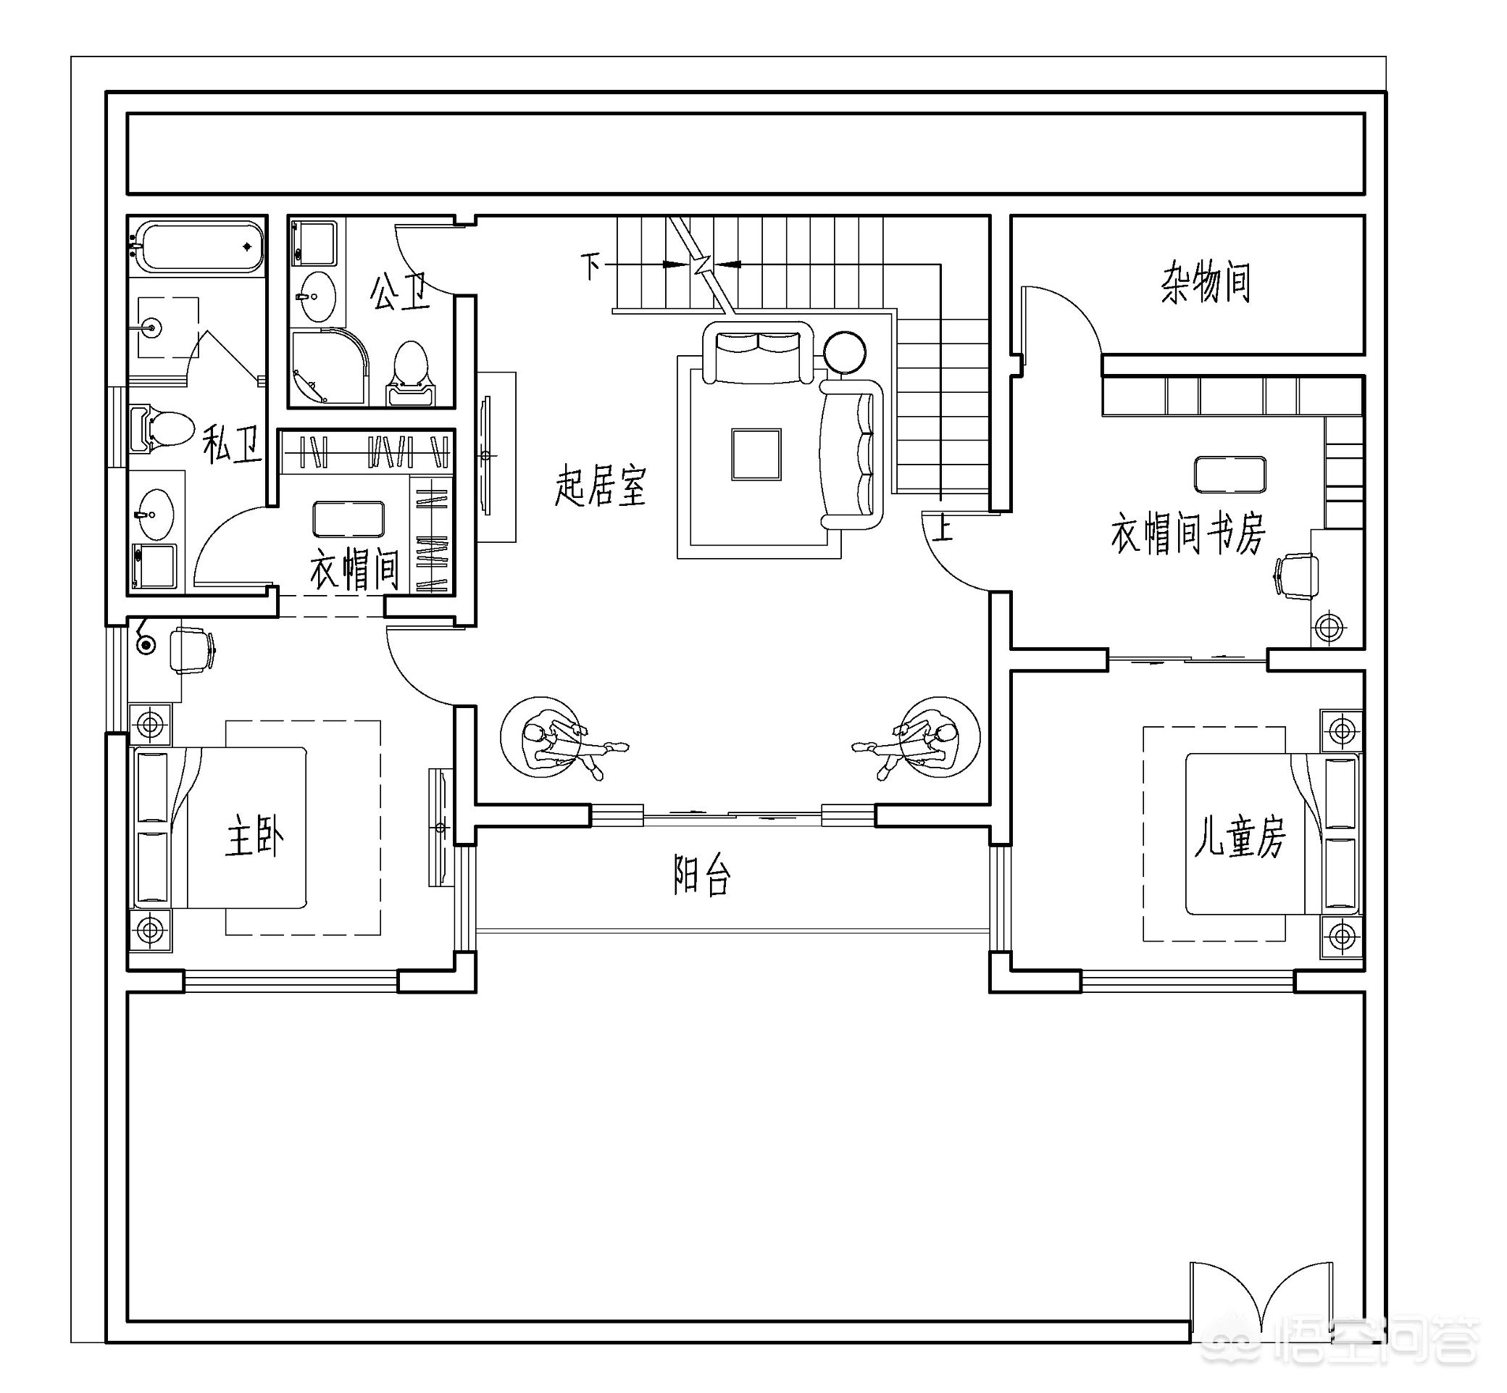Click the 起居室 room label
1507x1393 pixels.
coord(601,486)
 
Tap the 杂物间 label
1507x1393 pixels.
coord(1206,282)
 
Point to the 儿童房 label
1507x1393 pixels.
coord(1240,836)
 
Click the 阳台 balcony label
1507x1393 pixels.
coord(701,875)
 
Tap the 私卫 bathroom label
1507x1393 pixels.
coord(233,444)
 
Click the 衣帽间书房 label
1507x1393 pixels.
coord(1188,533)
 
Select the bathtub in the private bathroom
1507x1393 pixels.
coord(197,246)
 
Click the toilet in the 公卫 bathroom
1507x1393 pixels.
coord(411,374)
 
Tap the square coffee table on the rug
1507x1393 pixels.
coord(756,454)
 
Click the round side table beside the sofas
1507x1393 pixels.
coord(845,353)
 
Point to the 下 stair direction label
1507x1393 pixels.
coord(590,265)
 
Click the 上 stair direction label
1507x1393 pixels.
coord(943,527)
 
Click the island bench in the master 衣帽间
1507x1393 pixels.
coord(348,519)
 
